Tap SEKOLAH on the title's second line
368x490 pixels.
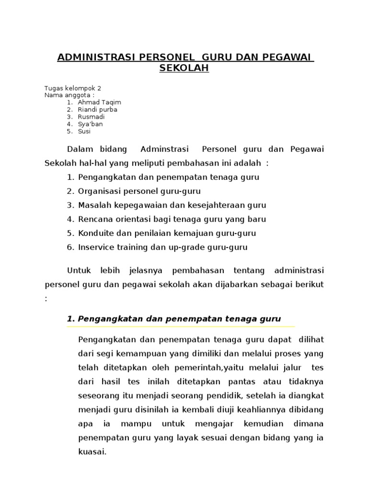coord(184,68)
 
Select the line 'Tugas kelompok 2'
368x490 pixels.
coord(72,88)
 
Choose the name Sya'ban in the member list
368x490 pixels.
coord(90,124)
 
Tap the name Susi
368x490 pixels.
coord(84,131)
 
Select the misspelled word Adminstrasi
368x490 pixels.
coord(165,149)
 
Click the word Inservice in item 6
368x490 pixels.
coord(95,247)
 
